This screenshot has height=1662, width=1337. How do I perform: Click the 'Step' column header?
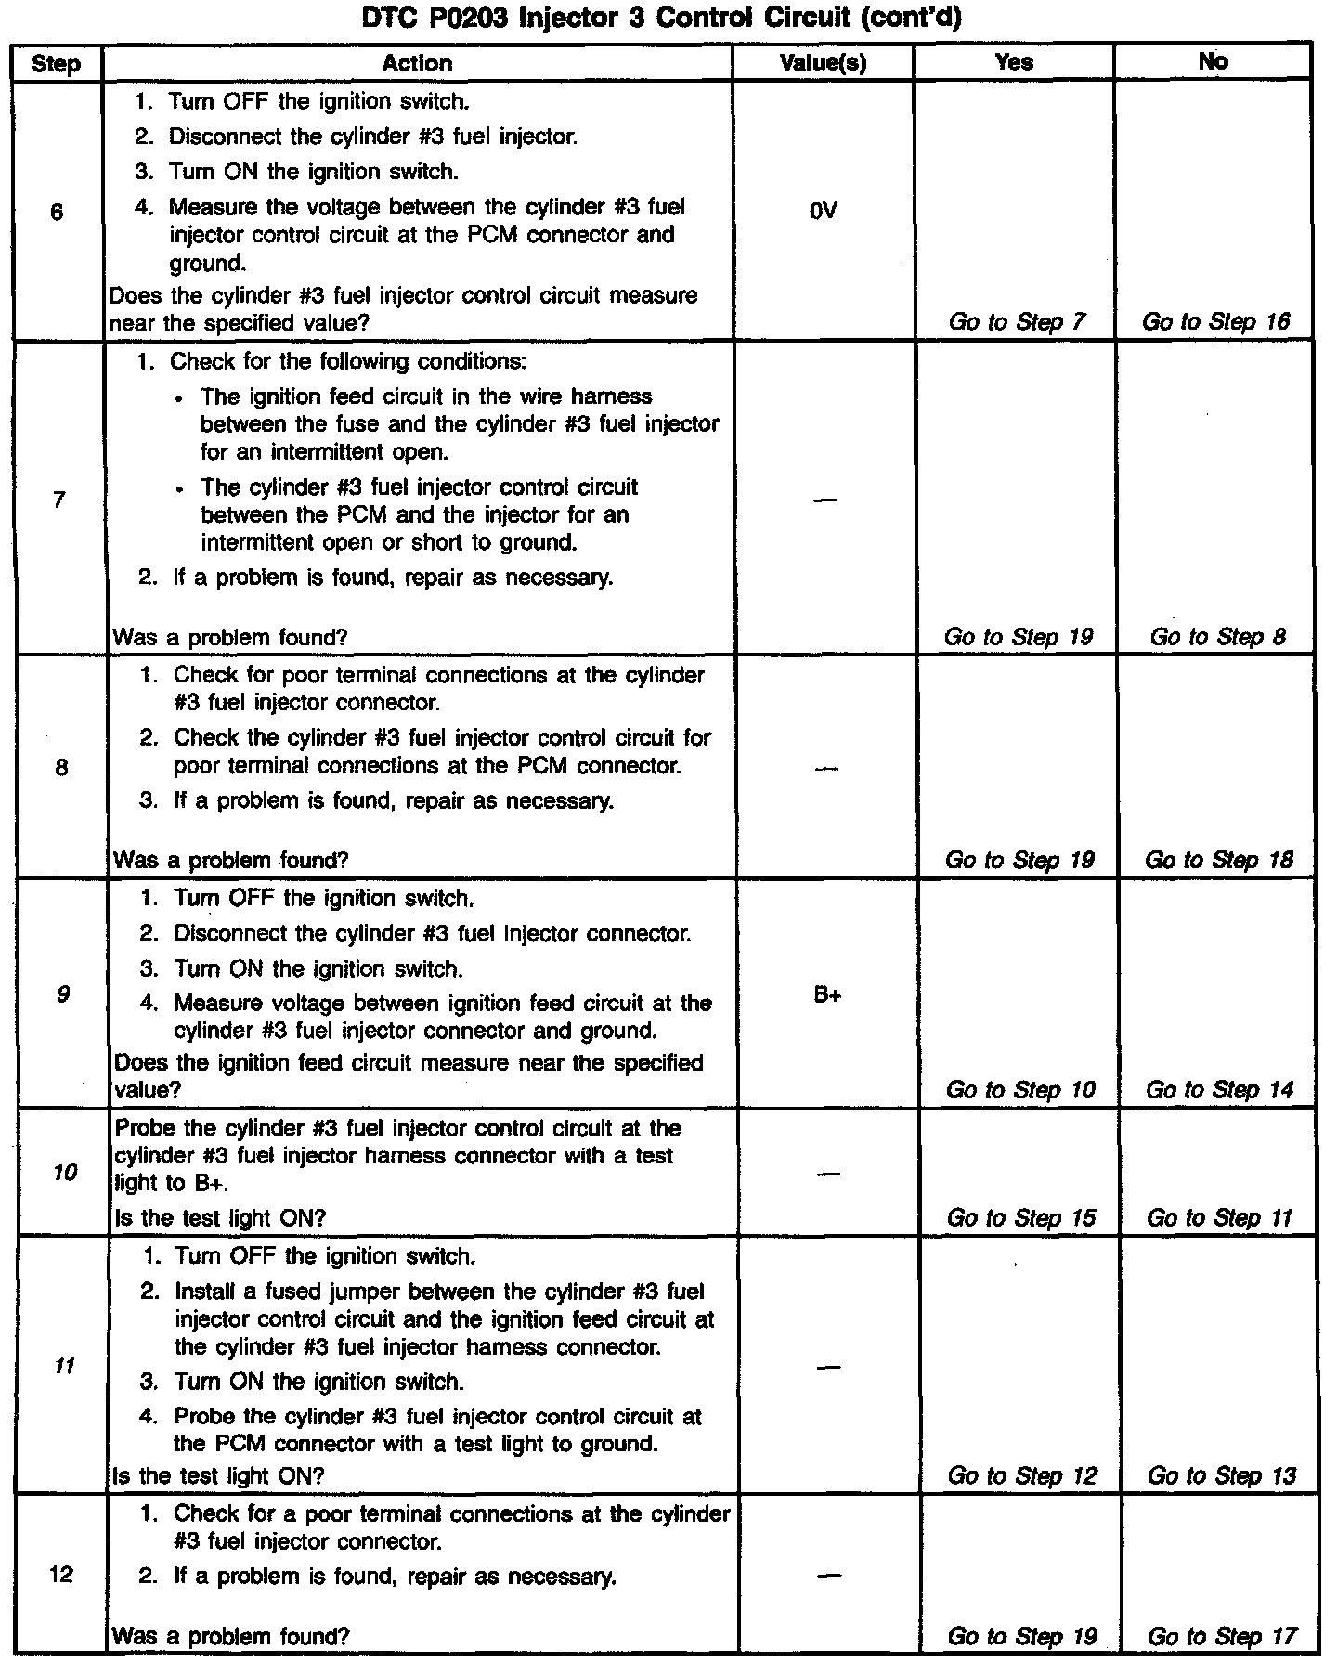coord(56,63)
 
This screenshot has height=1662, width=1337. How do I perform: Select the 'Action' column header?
coord(417,63)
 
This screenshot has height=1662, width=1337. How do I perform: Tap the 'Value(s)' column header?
coord(824,63)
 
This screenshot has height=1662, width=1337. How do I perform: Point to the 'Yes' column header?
coord(1014,62)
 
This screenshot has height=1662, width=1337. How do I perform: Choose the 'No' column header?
coord(1214,62)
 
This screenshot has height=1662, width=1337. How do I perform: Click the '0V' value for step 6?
coord(824,211)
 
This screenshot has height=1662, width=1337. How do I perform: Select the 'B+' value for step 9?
coord(827,995)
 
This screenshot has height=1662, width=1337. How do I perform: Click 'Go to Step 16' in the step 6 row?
coord(1216,322)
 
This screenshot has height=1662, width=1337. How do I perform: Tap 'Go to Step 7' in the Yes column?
coord(1017,322)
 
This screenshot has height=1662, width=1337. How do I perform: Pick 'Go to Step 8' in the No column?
coord(1218,637)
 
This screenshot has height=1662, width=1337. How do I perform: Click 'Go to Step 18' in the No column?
coord(1219,860)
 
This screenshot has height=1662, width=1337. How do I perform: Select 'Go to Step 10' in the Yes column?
coord(1020,1090)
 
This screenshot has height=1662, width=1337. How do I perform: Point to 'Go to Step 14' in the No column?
coord(1220,1090)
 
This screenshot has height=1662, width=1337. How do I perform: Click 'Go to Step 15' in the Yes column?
coord(1021,1218)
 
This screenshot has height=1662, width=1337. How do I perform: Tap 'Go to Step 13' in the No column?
coord(1222,1476)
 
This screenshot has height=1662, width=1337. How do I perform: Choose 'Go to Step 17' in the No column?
coord(1222,1637)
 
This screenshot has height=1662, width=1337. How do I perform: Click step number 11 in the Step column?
coord(64,1367)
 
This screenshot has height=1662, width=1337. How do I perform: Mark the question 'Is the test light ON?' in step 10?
coord(219,1218)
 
